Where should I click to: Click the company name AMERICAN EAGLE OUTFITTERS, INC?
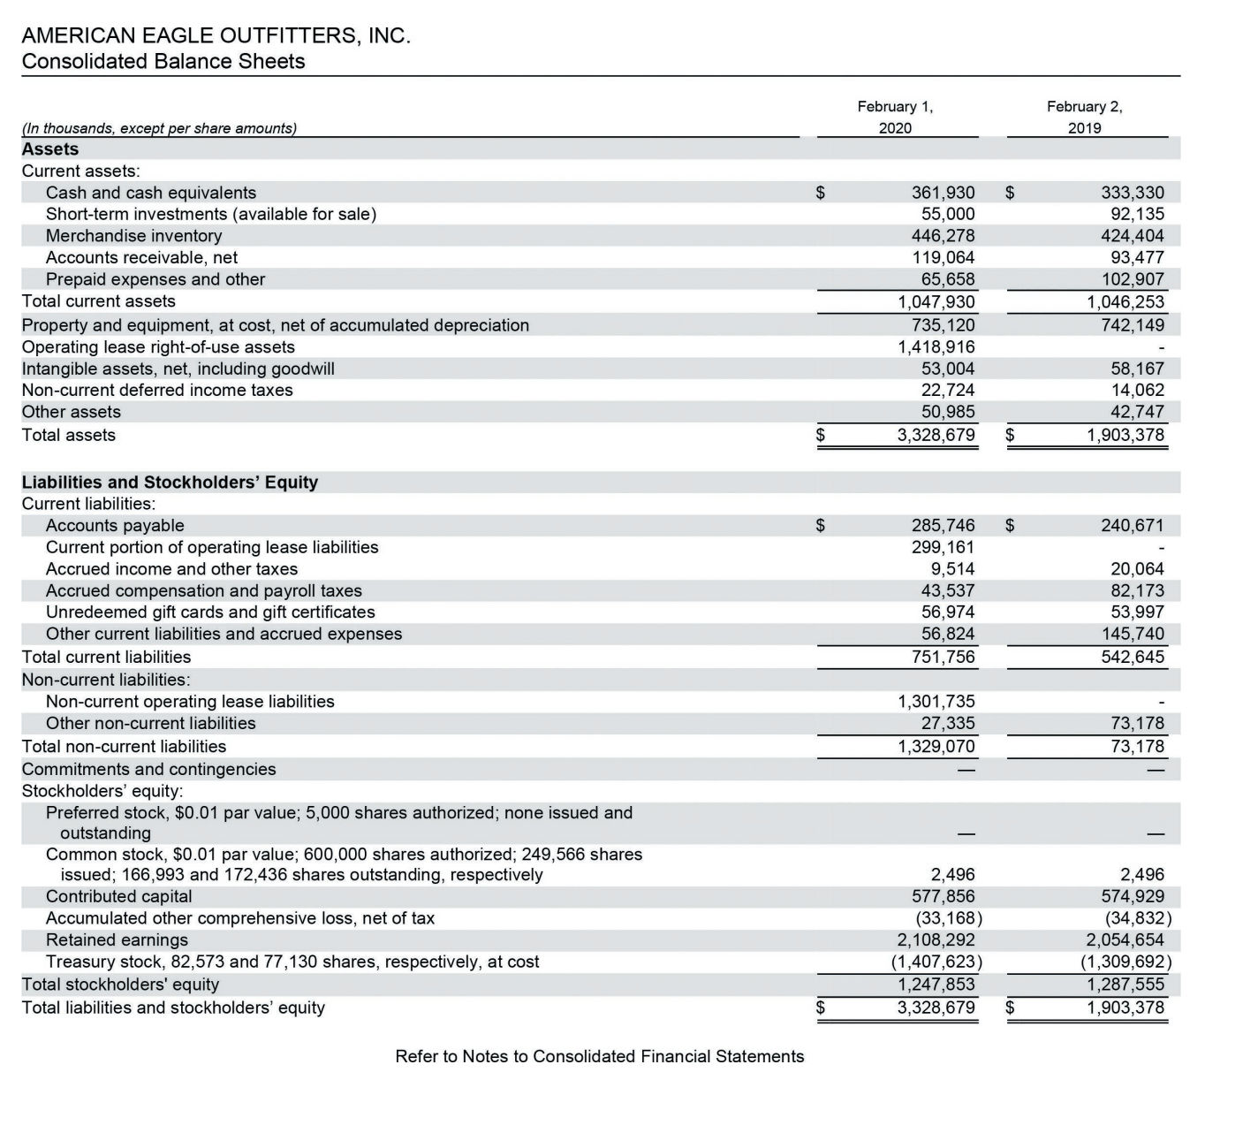(216, 36)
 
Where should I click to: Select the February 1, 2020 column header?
(895, 117)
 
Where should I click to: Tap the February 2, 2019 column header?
(1084, 117)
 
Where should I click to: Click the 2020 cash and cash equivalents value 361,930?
(943, 193)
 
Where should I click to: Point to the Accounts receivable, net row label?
(141, 258)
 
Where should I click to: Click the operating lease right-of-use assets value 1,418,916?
(936, 347)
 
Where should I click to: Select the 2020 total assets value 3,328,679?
(936, 435)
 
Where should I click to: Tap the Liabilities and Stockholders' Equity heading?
(170, 483)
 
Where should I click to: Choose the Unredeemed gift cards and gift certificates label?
(210, 612)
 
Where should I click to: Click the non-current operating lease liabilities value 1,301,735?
(936, 702)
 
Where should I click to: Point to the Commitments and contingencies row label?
(148, 770)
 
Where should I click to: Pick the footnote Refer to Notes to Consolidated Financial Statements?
(599, 1057)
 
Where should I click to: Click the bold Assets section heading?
(50, 149)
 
